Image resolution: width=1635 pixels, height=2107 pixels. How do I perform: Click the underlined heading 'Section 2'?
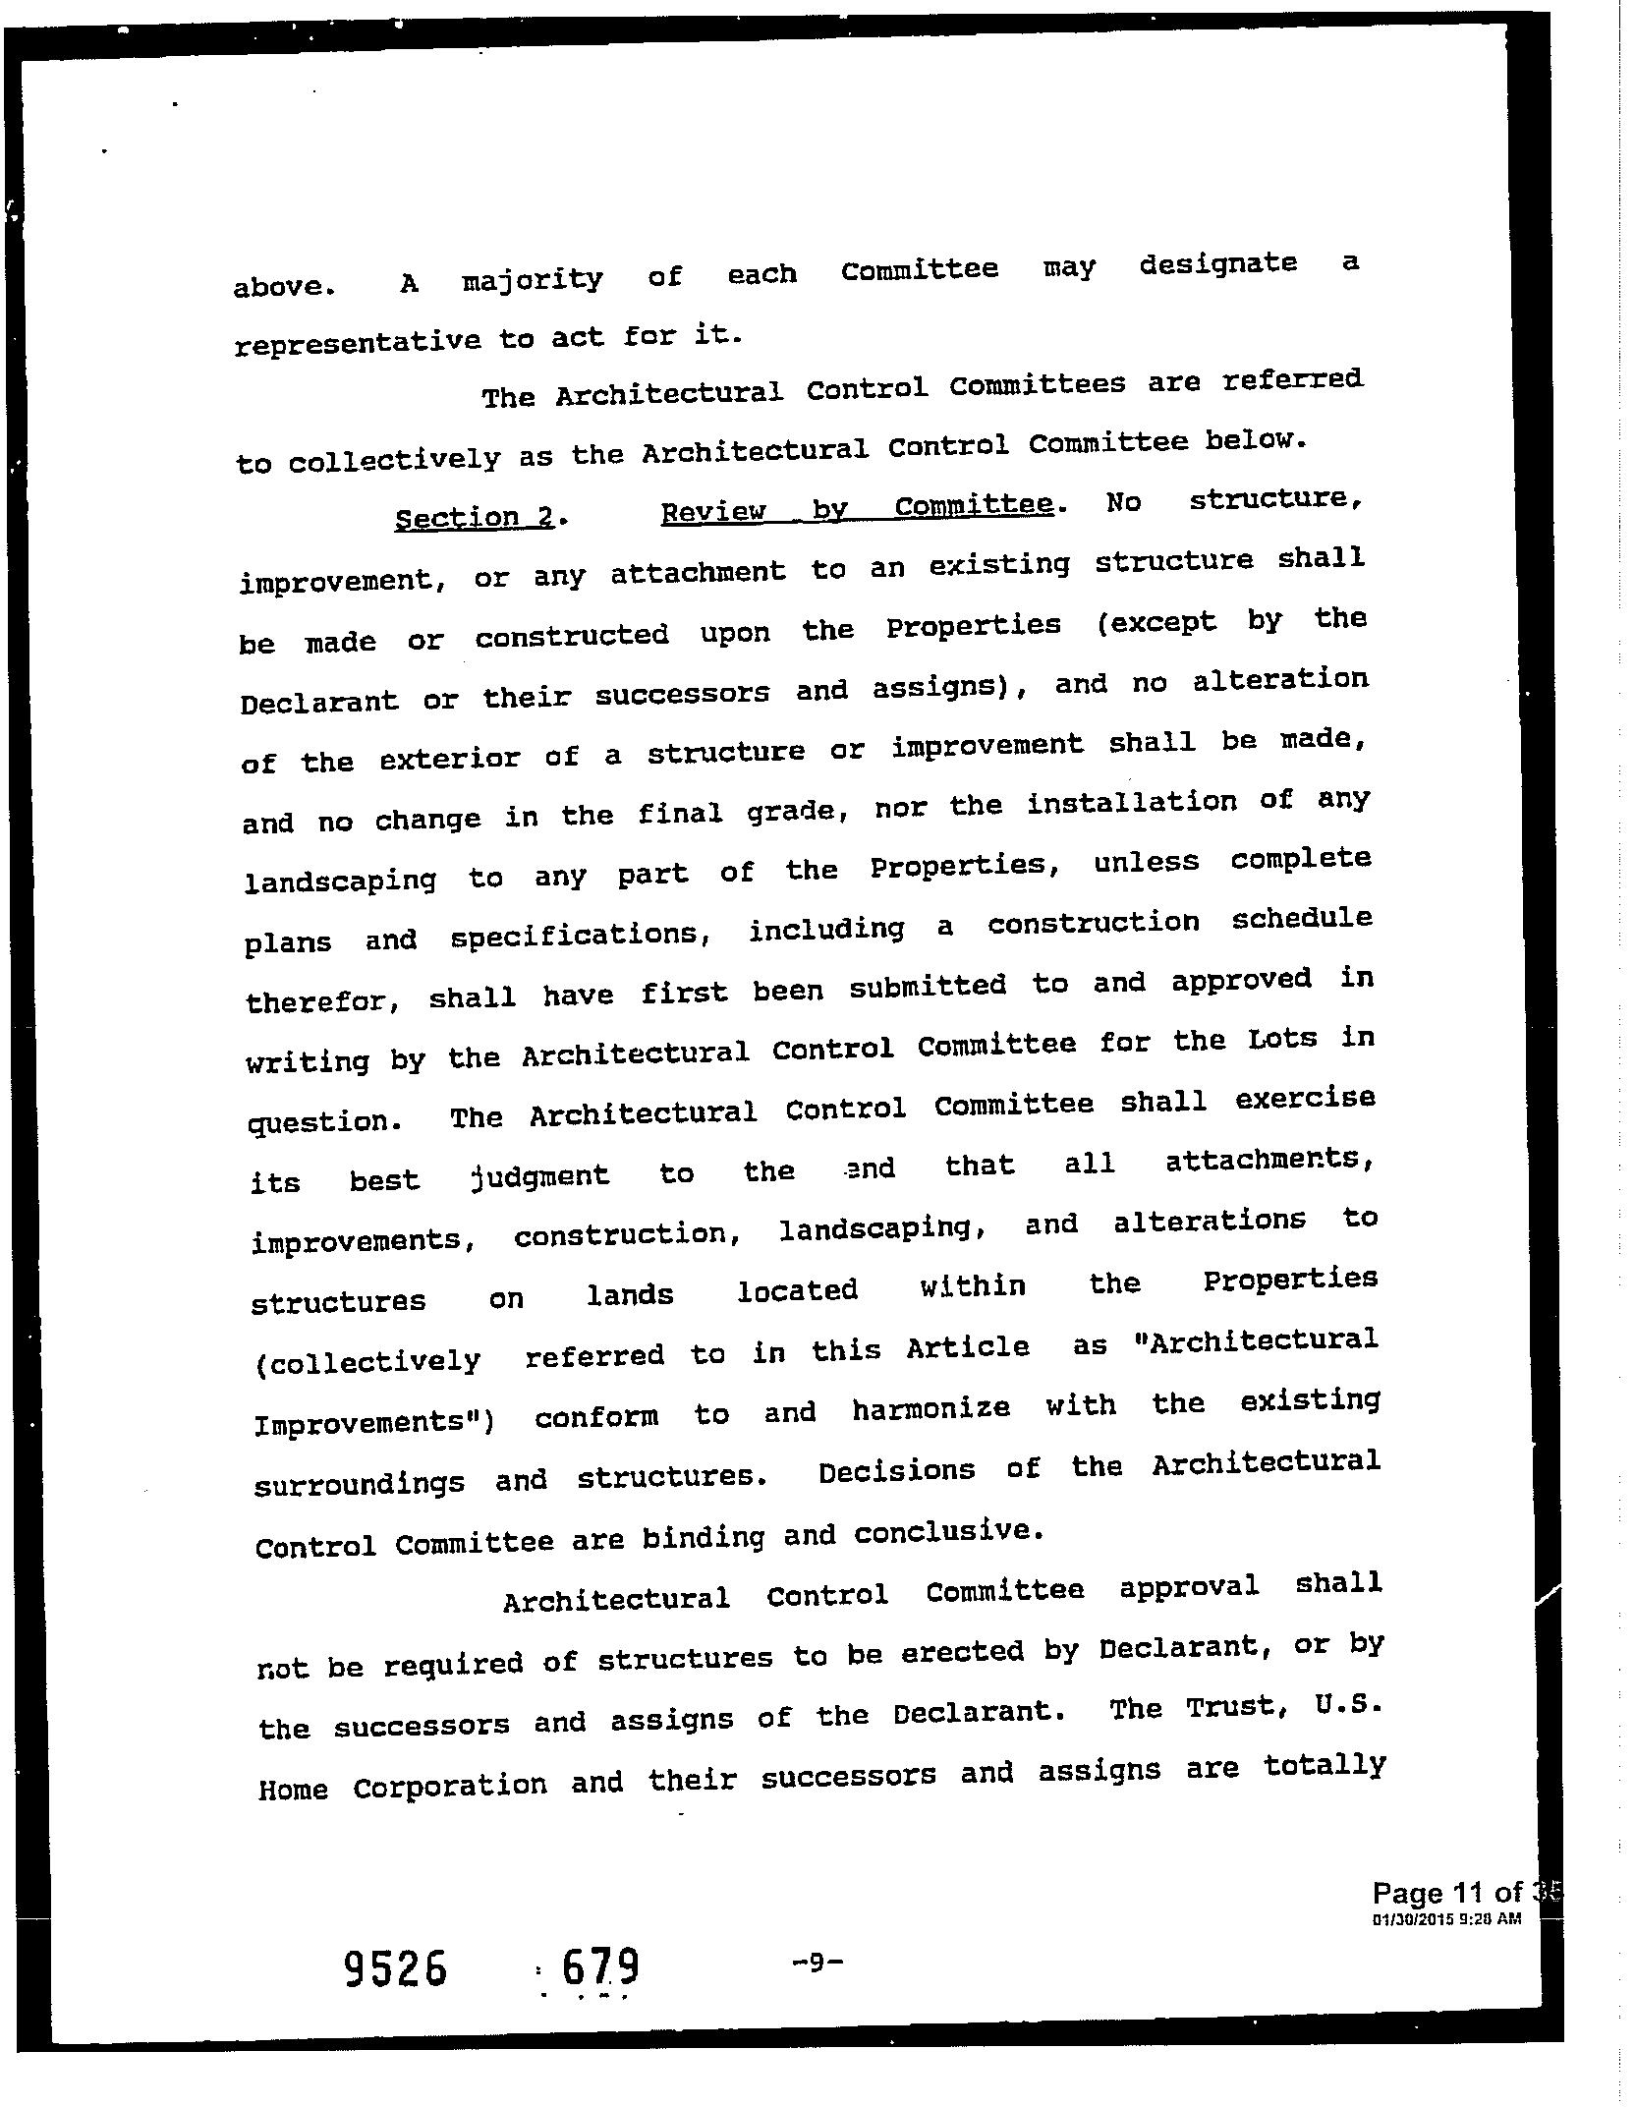click(x=475, y=517)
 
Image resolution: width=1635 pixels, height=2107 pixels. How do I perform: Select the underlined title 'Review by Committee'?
click(x=857, y=509)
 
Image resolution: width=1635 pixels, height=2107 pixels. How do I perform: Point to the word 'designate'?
click(x=1217, y=265)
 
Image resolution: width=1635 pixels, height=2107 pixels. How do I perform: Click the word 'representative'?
click(x=358, y=342)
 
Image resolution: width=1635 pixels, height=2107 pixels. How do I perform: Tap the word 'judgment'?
click(x=540, y=1176)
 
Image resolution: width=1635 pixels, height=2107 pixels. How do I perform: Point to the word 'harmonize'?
click(x=930, y=1409)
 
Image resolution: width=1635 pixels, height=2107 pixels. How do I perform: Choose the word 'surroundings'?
click(x=360, y=1483)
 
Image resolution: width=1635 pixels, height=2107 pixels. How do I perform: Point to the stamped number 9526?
click(x=396, y=1968)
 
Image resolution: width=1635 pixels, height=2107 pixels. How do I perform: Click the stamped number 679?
click(x=599, y=1967)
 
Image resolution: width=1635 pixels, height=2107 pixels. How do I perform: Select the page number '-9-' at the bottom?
click(x=817, y=1963)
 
